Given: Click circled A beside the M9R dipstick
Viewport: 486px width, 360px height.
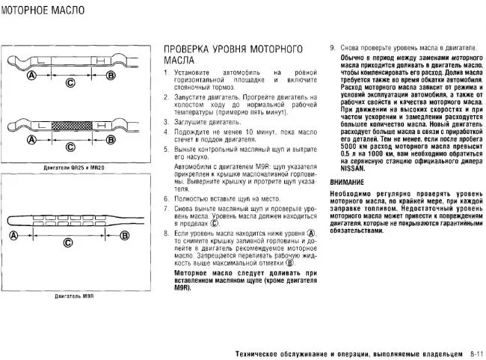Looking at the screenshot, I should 13,237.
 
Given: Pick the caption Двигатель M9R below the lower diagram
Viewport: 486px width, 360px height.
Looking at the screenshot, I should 73,297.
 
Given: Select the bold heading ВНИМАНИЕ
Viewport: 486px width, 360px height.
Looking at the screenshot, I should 348,182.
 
